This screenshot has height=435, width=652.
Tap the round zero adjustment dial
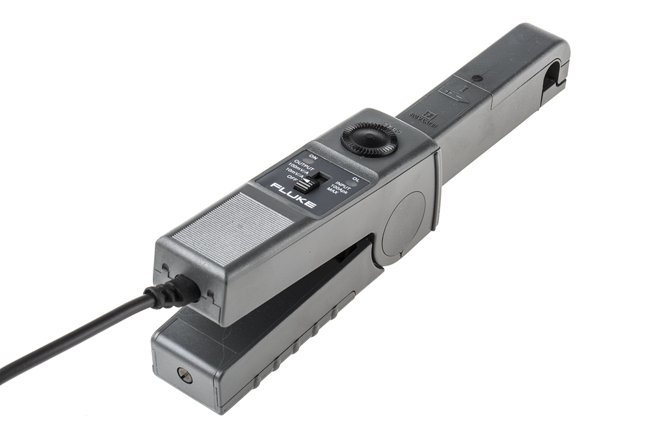tap(369, 139)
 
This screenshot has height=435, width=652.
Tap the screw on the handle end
tap(184, 375)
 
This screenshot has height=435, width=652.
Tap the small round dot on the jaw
tap(477, 78)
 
